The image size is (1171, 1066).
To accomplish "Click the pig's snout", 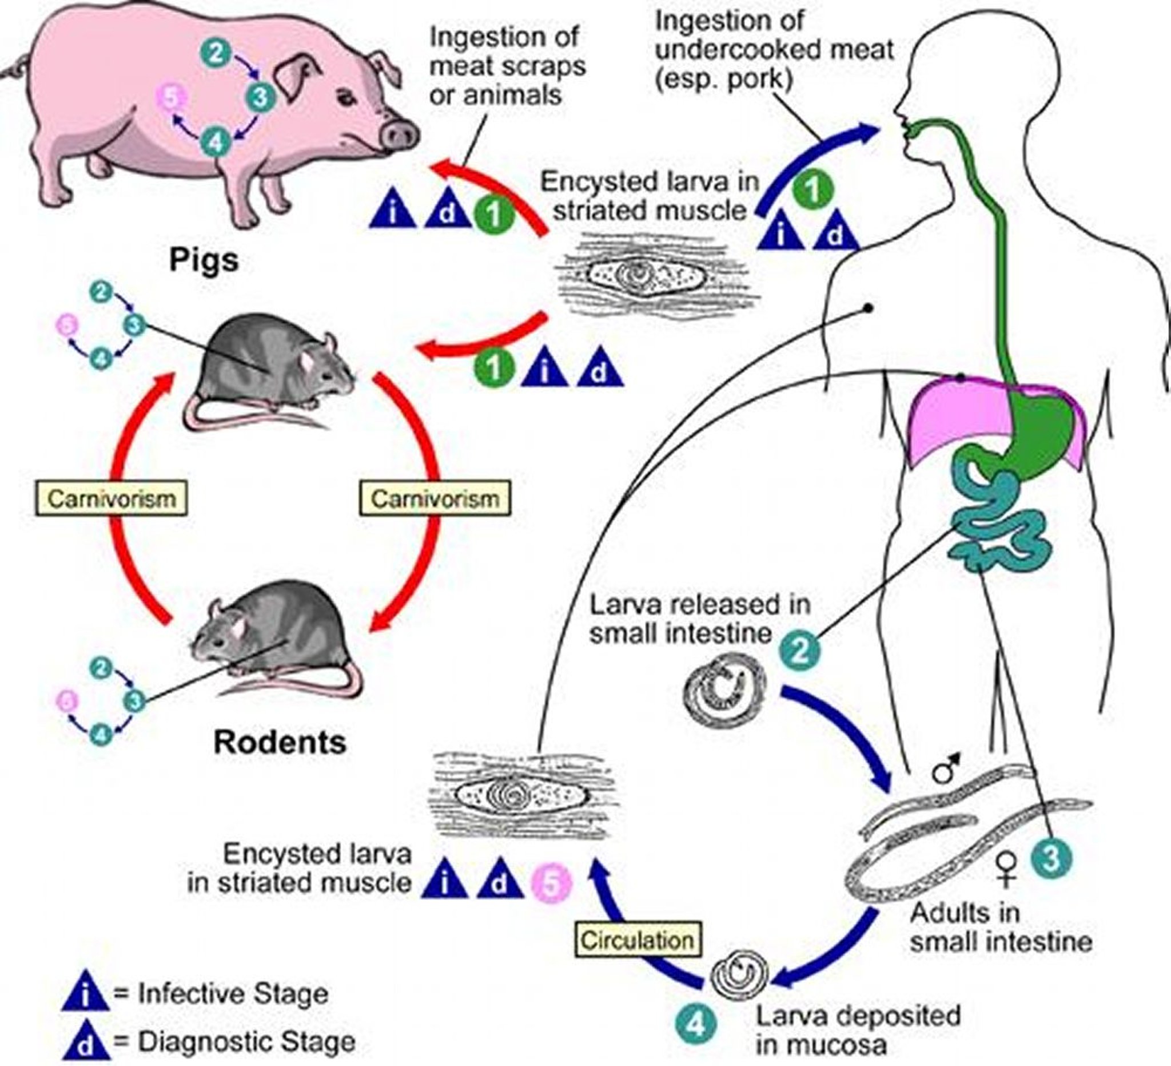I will point(399,136).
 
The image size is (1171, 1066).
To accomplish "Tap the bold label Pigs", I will point(204,260).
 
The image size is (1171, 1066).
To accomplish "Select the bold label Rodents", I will point(280,742).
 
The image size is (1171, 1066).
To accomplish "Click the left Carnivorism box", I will point(111,498).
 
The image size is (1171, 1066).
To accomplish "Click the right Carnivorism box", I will point(435,498).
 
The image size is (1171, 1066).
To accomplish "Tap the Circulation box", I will point(637,940).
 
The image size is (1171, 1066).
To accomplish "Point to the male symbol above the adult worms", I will point(946,769).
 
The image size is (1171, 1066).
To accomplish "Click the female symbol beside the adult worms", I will point(1006,870).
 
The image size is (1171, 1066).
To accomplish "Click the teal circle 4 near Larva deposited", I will point(696,1025).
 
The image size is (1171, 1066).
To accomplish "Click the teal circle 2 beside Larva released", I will point(799,650).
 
